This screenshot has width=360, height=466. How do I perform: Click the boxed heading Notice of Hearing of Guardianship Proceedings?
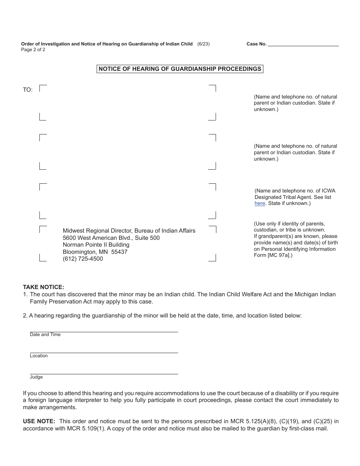coord(180,69)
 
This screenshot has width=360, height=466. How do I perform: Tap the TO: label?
coord(28,90)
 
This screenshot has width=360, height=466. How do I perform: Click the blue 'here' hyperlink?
coord(260,203)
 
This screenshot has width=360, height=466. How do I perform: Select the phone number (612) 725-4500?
coord(83,259)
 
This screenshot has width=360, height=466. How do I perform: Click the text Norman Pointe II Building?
coord(96,245)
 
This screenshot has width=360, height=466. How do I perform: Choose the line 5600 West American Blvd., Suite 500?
coord(111,238)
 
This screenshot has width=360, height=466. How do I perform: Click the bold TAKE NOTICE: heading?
coord(44,287)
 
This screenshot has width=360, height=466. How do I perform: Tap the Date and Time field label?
coord(45,335)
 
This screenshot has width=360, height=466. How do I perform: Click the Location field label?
coord(39,356)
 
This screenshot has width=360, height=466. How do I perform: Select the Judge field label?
coord(36,377)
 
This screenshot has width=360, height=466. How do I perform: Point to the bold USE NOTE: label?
coord(39,421)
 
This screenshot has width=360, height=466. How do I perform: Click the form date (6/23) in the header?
coord(203,44)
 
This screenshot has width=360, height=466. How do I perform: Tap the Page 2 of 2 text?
coord(33,50)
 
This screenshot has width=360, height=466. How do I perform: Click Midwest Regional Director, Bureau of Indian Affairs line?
coord(129,231)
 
